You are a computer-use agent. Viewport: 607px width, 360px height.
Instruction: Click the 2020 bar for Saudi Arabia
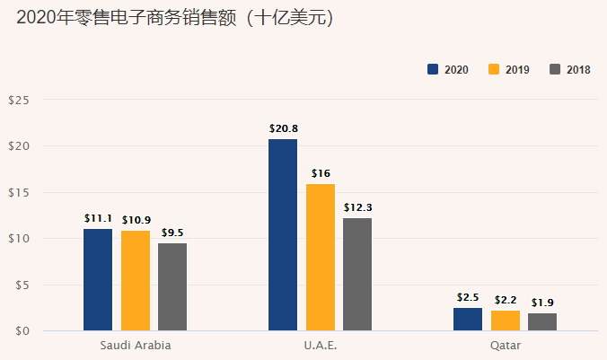pyautogui.click(x=98, y=279)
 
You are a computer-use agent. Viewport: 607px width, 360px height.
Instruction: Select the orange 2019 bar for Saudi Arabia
pyautogui.click(x=136, y=280)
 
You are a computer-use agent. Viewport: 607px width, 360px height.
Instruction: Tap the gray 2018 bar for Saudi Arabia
pyautogui.click(x=172, y=286)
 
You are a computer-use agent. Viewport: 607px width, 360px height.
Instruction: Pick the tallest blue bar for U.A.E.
pyautogui.click(x=283, y=234)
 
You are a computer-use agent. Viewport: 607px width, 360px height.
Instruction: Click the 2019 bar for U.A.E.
pyautogui.click(x=321, y=257)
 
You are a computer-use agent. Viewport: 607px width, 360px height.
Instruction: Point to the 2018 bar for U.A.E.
pyautogui.click(x=357, y=274)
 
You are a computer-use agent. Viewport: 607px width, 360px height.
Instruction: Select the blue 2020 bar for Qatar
pyautogui.click(x=468, y=320)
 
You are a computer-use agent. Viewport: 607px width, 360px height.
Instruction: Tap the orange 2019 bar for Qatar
pyautogui.click(x=506, y=320)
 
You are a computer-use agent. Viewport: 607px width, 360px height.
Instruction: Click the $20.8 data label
pyautogui.click(x=284, y=128)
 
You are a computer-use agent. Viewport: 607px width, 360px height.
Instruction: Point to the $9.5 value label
pyautogui.click(x=172, y=233)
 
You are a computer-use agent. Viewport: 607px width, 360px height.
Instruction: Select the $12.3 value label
pyautogui.click(x=357, y=207)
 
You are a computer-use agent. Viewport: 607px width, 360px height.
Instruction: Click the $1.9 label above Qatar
pyautogui.click(x=542, y=302)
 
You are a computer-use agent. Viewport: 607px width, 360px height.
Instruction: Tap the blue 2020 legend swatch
pyautogui.click(x=432, y=70)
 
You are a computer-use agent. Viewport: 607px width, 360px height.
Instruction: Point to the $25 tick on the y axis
pyautogui.click(x=19, y=100)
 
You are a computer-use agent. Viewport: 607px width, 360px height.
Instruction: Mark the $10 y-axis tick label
pyautogui.click(x=19, y=239)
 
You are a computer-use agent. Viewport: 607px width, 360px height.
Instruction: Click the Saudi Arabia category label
pyautogui.click(x=136, y=345)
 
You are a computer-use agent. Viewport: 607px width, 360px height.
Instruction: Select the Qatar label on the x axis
pyautogui.click(x=506, y=345)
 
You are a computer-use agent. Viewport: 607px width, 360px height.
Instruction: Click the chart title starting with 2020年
pyautogui.click(x=174, y=18)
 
